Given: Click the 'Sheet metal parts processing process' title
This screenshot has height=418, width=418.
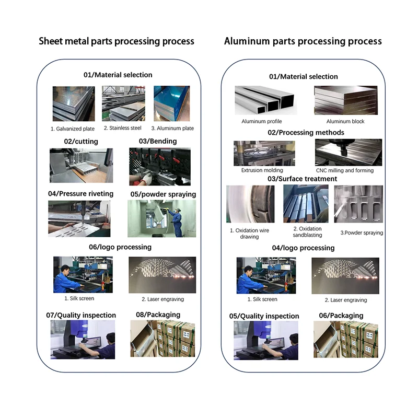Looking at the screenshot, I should tap(117, 41).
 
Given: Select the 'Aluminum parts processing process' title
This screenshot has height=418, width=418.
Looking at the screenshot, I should tap(303, 41).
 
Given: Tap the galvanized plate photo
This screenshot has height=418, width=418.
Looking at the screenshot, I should tap(73, 103).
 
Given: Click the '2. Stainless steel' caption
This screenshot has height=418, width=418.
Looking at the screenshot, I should tap(122, 128).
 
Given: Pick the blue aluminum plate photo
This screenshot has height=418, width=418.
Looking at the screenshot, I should tap(171, 103).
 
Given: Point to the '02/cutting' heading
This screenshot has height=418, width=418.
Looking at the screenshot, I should tap(81, 142).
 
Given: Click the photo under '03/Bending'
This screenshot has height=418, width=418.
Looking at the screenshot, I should tap(159, 166).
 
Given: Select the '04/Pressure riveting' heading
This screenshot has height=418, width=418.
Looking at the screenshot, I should tap(80, 194).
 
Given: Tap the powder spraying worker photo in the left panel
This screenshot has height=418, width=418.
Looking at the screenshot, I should tap(161, 218).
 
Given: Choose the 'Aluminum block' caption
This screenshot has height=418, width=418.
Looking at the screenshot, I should tap(345, 122).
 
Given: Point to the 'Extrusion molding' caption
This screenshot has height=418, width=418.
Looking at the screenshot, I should tap(262, 170).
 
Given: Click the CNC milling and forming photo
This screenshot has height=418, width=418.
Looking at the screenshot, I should tap(349, 153).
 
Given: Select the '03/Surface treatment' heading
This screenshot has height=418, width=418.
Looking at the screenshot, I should tap(302, 179).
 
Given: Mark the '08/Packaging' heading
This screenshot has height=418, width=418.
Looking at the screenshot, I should tap(158, 315).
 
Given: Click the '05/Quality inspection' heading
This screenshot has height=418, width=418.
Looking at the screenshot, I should tap(264, 316).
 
